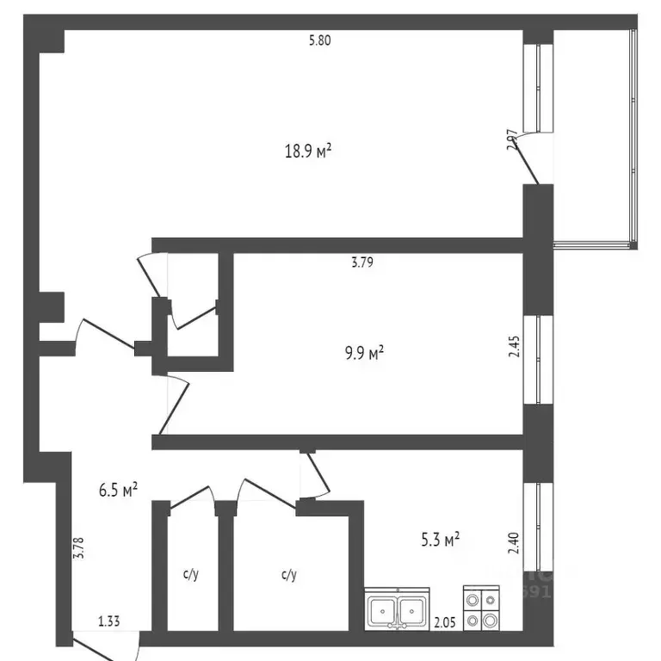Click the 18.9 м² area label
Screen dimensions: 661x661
(x=308, y=151)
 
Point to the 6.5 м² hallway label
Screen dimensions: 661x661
(x=118, y=491)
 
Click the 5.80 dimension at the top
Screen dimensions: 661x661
(x=319, y=40)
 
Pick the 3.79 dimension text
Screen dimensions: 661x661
(x=361, y=263)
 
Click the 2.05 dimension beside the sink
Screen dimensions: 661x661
(x=444, y=621)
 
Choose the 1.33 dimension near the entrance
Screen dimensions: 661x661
(x=108, y=620)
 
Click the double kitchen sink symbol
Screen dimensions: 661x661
(x=396, y=611)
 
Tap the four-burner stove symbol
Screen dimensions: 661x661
(x=481, y=609)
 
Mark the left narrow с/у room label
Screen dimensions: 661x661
(x=190, y=574)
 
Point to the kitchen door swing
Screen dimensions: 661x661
(x=315, y=473)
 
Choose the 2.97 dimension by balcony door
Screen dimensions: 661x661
(x=512, y=140)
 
